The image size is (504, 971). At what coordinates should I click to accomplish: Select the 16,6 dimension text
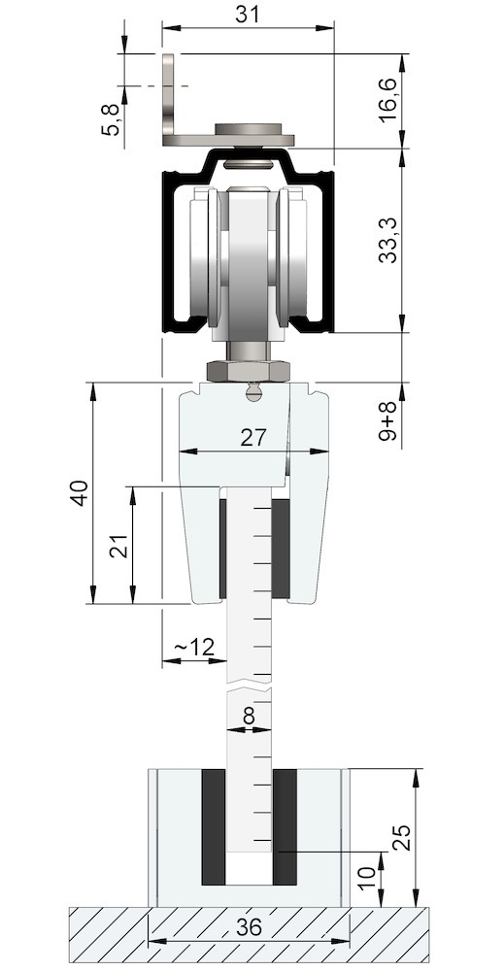point(389,101)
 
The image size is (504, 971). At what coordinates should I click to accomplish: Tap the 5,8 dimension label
point(112,119)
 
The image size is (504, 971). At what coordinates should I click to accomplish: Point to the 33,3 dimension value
point(389,240)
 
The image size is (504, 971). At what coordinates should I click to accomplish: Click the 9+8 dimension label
point(389,424)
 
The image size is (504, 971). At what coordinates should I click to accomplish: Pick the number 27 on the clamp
point(252,438)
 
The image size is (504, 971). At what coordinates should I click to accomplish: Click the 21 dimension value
point(118,546)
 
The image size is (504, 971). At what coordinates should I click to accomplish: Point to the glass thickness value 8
point(249,717)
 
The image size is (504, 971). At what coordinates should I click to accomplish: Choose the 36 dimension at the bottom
point(249,927)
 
